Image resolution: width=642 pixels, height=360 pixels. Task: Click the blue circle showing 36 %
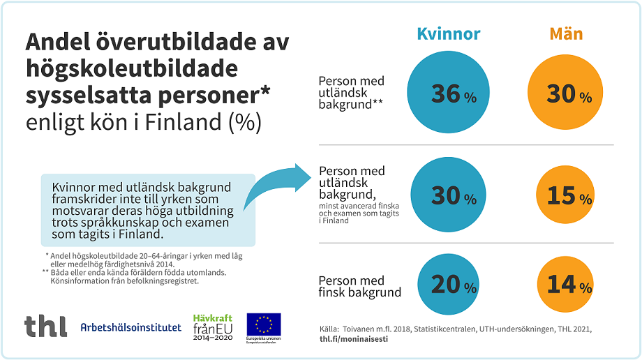pyautogui.click(x=448, y=93)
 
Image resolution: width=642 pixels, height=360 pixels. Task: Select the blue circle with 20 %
pyautogui.click(x=448, y=285)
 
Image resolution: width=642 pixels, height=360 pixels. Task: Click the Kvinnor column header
pyautogui.click(x=448, y=33)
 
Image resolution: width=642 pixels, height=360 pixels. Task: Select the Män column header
pyautogui.click(x=565, y=33)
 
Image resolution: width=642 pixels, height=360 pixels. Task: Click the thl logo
pyautogui.click(x=46, y=326)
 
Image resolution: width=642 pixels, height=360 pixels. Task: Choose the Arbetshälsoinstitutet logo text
pyautogui.click(x=130, y=327)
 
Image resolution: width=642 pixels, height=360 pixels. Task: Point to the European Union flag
pyautogui.click(x=264, y=323)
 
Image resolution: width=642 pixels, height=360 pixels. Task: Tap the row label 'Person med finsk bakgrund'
pyautogui.click(x=359, y=286)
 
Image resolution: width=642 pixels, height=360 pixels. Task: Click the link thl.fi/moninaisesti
pyautogui.click(x=354, y=338)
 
